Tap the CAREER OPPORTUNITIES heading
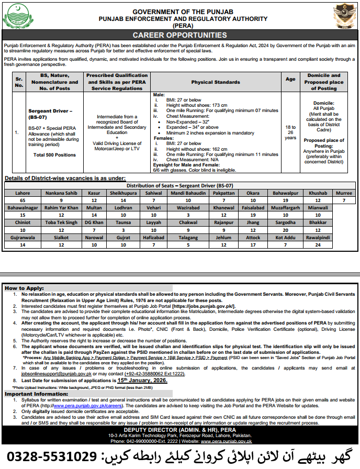pos(180,35)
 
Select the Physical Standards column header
pos(216,82)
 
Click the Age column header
pos(290,79)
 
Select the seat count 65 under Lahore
pos(22,200)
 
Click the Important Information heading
pos(32,393)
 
